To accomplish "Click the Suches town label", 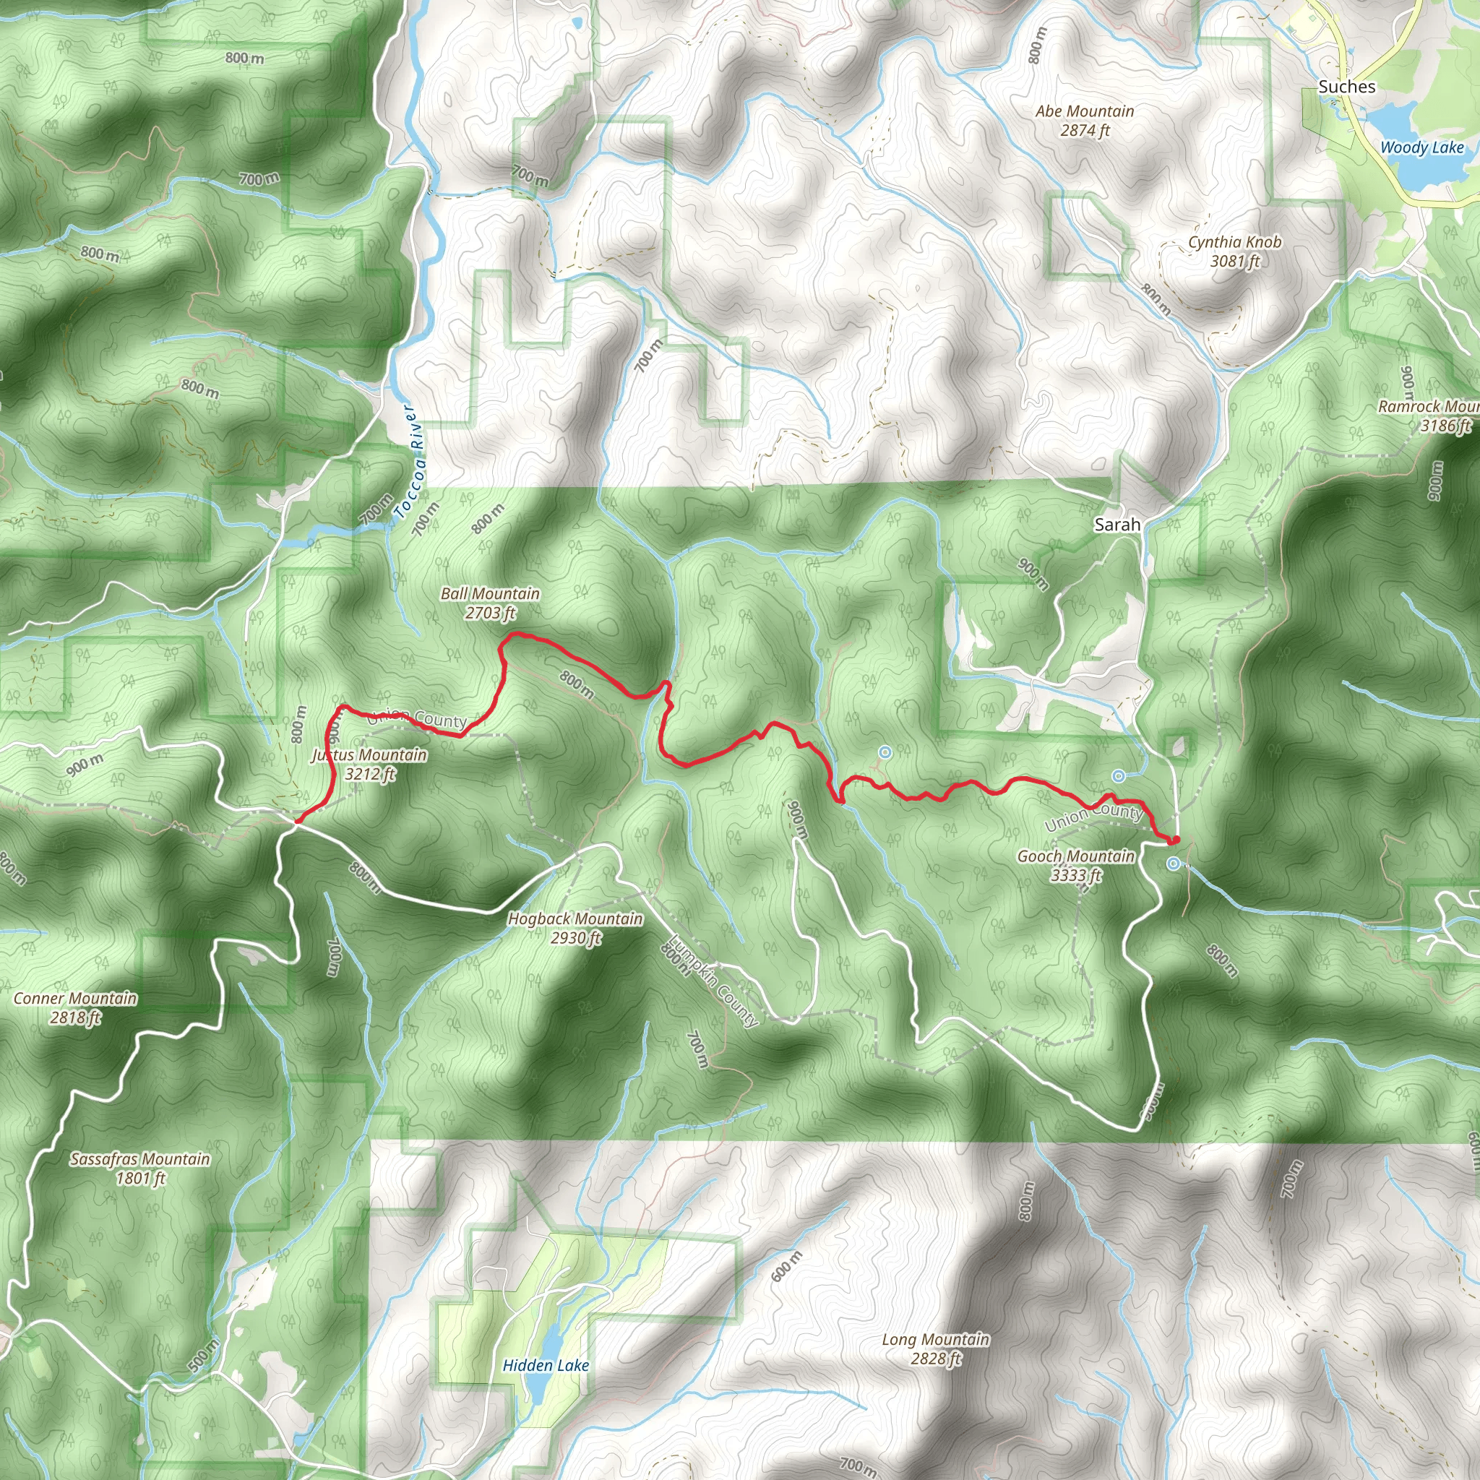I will click(x=1347, y=87).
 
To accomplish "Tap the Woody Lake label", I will click(x=1421, y=148).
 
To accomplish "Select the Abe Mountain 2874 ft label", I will click(x=1085, y=121).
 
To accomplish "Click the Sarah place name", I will click(x=1117, y=525).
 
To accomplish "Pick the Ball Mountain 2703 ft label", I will click(x=490, y=603).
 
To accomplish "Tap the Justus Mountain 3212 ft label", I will click(x=369, y=764).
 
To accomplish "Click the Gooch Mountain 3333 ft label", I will click(x=1076, y=866).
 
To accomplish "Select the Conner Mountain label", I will click(x=75, y=1007).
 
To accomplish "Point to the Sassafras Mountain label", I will click(x=140, y=1169).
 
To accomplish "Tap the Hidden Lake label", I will click(x=546, y=1365).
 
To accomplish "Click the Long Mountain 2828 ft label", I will click(x=935, y=1349).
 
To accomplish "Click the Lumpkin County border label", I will click(x=713, y=983).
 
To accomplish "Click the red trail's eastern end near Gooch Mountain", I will click(x=1174, y=841).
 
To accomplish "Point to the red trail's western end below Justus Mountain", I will click(x=296, y=822).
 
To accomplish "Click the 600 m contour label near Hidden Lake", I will click(x=786, y=1265).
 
